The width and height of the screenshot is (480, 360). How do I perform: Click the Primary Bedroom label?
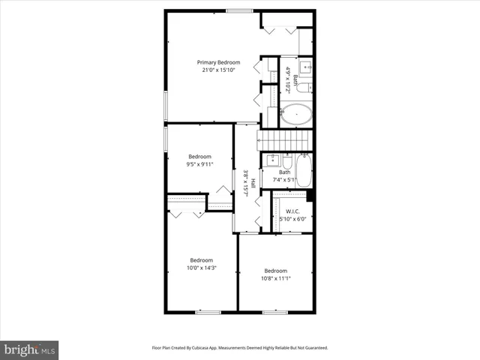[218, 62]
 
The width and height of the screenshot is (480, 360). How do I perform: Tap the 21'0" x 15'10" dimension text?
[218, 70]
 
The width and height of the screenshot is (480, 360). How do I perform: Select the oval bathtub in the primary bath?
[296, 115]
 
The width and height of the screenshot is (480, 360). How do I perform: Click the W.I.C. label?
[292, 211]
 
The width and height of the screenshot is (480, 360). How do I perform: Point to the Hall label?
[253, 183]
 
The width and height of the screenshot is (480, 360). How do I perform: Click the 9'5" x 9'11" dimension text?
[199, 164]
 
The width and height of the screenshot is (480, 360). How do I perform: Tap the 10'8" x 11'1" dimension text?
[275, 278]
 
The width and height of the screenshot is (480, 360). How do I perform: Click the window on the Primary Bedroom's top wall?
[239, 10]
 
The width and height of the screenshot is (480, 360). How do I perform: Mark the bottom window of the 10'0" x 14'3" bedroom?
[208, 311]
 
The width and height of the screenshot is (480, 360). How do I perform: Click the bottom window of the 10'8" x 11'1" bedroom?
[275, 311]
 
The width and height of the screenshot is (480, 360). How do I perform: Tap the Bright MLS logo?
[29, 349]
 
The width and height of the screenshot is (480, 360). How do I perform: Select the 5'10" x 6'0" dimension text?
[292, 219]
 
